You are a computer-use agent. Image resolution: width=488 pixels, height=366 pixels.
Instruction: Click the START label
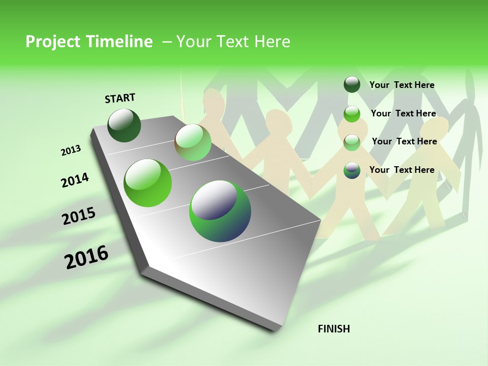pos(120,98)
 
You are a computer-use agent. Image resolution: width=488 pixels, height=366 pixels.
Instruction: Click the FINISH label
pos(333,329)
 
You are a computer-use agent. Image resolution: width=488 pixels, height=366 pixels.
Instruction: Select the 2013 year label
pos(71,150)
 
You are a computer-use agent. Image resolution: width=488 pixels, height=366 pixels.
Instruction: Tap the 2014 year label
pos(75,180)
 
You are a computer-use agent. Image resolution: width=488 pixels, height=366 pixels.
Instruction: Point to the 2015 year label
pos(79,216)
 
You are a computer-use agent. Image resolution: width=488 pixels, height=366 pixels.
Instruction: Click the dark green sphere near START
pos(124,125)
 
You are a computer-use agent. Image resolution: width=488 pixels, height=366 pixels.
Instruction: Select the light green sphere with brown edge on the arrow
pos(193,142)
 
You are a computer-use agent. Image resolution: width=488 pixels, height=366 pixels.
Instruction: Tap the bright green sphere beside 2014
pos(147,183)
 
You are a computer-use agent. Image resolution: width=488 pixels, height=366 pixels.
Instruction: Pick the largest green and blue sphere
pos(220,211)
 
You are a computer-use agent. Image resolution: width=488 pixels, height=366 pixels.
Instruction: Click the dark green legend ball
pos(352,85)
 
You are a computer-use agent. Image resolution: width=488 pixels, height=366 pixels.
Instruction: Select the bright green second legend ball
pos(352,114)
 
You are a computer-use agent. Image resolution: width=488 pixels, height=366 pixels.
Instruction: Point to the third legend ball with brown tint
pos(352,142)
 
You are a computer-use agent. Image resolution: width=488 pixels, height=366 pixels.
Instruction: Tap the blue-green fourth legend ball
pos(352,170)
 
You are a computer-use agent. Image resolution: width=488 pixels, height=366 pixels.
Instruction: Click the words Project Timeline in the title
pos(89,42)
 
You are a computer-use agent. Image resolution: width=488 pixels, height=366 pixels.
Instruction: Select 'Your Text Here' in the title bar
pos(233,42)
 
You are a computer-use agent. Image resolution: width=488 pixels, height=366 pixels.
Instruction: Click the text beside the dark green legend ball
pos(402,85)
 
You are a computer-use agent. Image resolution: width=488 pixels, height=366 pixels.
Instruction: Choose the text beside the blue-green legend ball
pos(402,170)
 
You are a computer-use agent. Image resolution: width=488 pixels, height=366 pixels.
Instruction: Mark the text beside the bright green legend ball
pos(403,113)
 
